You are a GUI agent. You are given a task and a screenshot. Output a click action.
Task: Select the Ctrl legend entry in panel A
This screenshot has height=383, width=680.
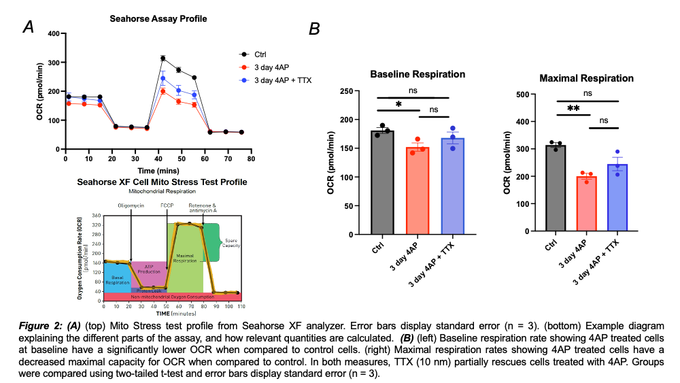coord(260,54)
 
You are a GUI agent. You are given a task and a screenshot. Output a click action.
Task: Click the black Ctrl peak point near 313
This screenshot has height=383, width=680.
coord(163,59)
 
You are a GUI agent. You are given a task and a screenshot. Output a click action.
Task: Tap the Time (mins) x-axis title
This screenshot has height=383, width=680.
coord(158,170)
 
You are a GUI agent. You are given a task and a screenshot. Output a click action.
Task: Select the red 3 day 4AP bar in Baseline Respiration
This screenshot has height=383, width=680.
coord(418,190)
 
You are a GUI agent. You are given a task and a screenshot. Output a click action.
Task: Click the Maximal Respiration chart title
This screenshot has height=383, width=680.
coord(585,78)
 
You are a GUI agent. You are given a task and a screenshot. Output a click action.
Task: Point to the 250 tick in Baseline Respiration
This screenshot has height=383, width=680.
coord(354,91)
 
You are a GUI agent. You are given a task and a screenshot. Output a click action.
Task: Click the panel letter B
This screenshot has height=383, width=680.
coord(314,29)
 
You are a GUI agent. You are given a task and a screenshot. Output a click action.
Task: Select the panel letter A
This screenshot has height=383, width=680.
coord(29,27)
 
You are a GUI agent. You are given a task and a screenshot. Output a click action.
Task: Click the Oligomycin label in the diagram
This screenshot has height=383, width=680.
coord(131,204)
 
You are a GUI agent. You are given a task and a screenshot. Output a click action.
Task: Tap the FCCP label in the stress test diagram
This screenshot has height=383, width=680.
coord(167,204)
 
